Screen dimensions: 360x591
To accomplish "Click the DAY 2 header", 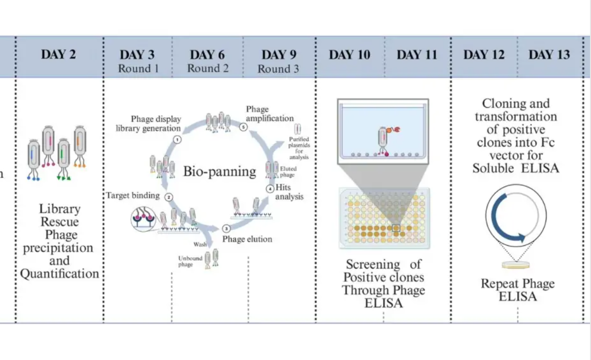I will (x=59, y=54).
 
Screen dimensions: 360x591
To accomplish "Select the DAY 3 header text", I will (x=137, y=55).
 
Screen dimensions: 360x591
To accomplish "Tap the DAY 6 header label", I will (x=207, y=55).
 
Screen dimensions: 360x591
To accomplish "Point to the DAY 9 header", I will (x=279, y=55).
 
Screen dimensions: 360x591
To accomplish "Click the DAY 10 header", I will (x=349, y=55).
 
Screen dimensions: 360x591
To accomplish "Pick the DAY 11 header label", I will (x=417, y=55).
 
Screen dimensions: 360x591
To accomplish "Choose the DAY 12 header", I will (x=483, y=55).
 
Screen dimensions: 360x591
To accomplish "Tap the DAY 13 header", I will (x=549, y=55).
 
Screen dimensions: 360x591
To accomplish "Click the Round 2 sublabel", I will (x=208, y=69).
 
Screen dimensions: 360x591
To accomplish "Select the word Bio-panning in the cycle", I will (x=219, y=172).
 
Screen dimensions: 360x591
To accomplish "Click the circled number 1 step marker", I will (x=176, y=140).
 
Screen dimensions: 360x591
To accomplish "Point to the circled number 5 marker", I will (x=243, y=127).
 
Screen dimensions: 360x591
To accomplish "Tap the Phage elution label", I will (x=247, y=239).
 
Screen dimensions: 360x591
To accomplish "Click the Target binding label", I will (x=133, y=195).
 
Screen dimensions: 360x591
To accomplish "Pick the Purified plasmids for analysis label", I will (x=299, y=148).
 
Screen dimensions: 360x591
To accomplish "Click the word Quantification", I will (x=60, y=274).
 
